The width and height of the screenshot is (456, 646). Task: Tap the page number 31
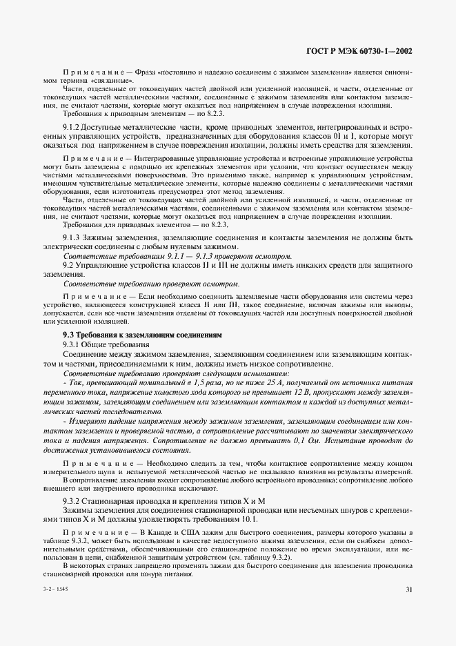[409, 609]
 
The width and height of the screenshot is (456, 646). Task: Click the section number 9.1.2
[72, 128]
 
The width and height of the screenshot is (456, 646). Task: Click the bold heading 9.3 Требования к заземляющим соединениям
[142, 334]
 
